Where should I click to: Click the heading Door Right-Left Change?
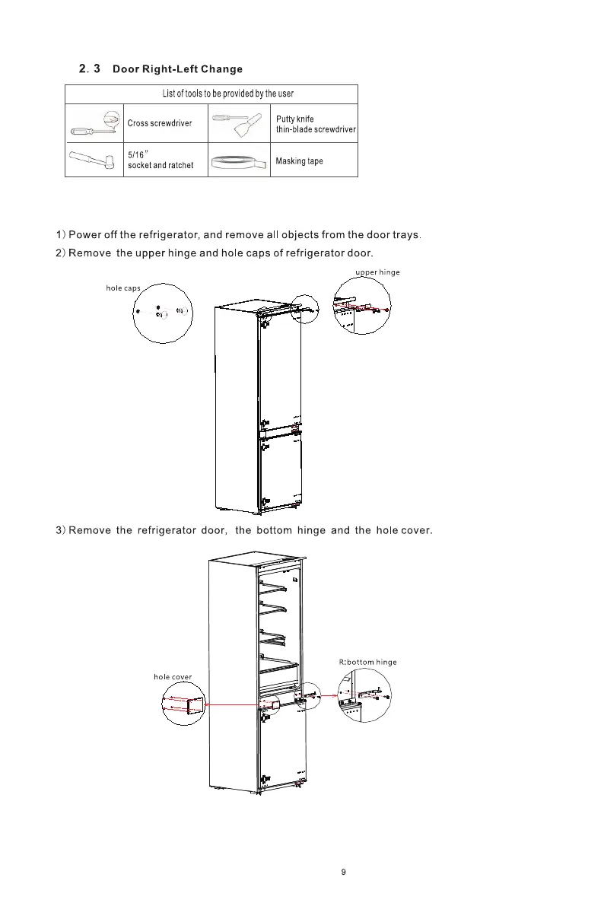click(177, 69)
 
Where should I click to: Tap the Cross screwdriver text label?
click(160, 122)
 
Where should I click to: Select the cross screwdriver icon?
click(94, 122)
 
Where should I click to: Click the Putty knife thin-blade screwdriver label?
click(315, 124)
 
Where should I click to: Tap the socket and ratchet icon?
click(92, 160)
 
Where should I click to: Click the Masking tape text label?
click(299, 161)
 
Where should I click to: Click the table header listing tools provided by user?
click(227, 94)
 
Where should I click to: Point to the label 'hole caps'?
click(123, 288)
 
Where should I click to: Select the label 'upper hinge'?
click(378, 272)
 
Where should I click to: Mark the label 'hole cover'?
click(172, 676)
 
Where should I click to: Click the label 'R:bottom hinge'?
click(367, 662)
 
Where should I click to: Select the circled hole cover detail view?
click(183, 704)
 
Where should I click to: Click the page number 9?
click(343, 873)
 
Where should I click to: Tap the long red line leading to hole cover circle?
click(232, 706)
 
